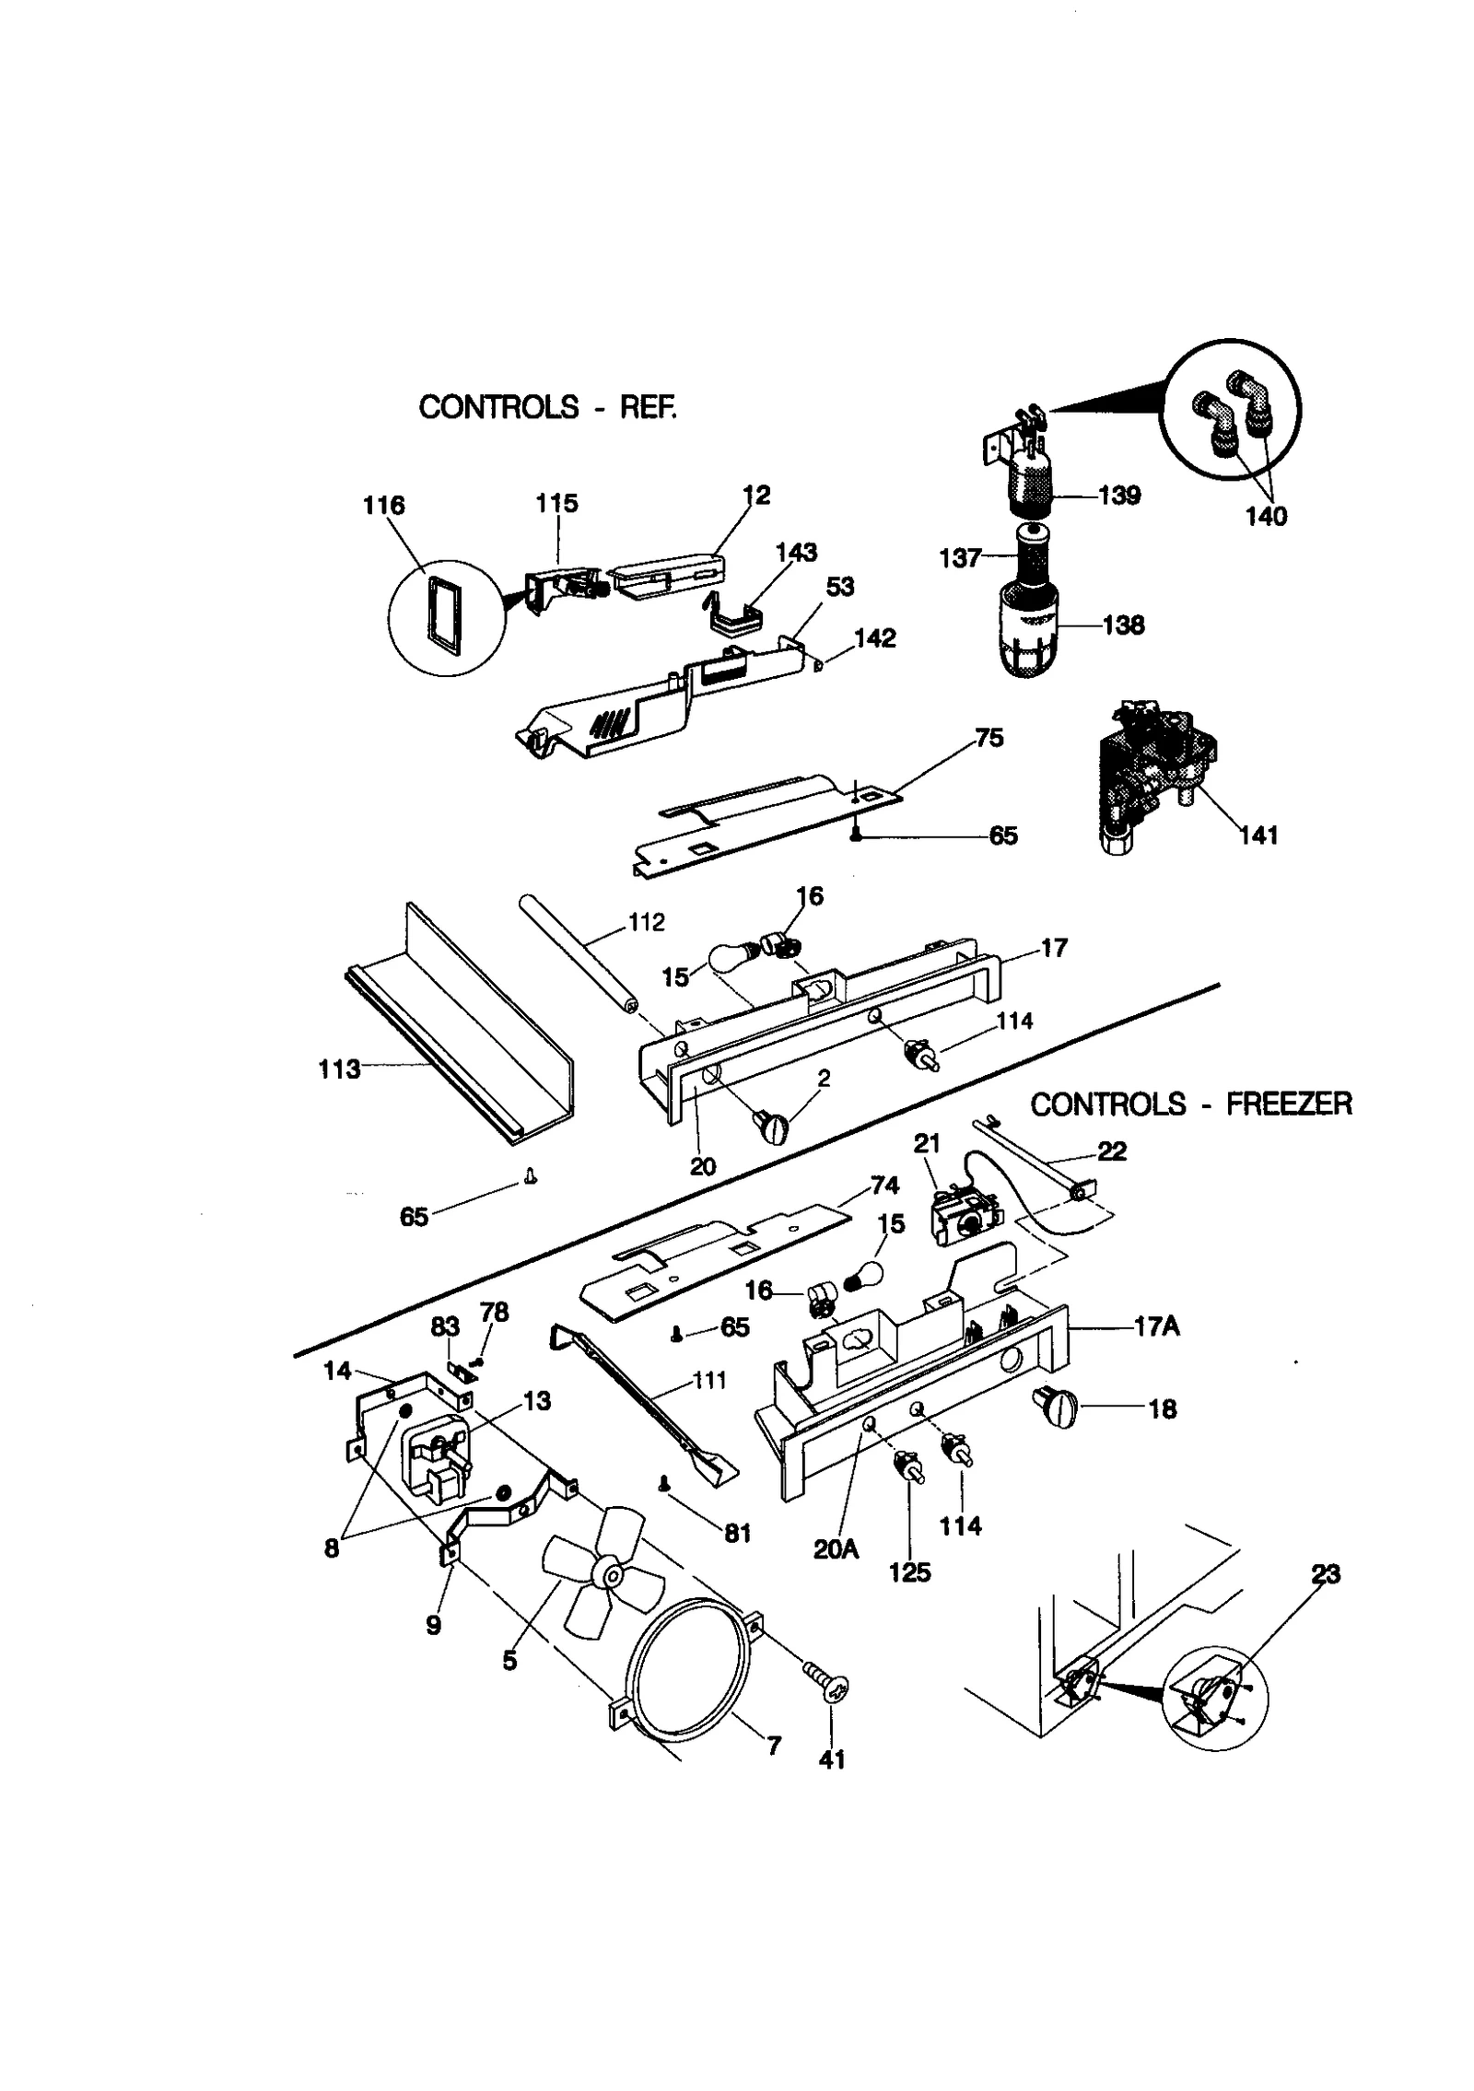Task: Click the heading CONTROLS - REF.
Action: tap(547, 406)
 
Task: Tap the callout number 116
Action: tap(384, 505)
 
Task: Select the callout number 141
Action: tap(1258, 835)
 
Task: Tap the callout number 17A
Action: tap(1157, 1327)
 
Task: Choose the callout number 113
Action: tap(339, 1069)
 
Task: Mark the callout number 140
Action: tap(1266, 516)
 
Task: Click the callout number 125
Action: tap(909, 1571)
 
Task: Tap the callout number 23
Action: tap(1325, 1574)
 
